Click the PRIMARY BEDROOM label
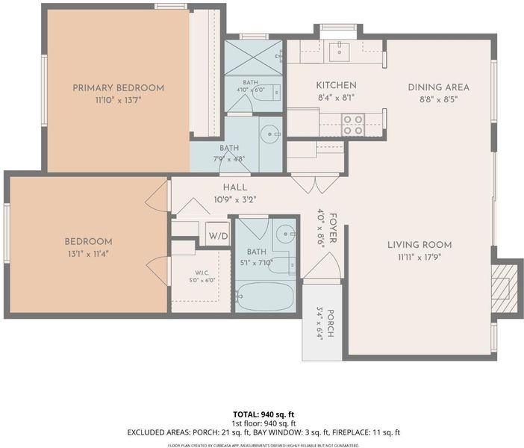coord(118,88)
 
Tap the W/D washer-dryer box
coord(218,234)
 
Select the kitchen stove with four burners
coord(353,125)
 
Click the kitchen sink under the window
coord(339,52)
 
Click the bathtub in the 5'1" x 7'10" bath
coord(265,296)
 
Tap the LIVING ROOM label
coord(419,245)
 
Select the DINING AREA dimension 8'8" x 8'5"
coord(438,99)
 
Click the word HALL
coord(235,187)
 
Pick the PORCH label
coord(330,323)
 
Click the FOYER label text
coord(333,228)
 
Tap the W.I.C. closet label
coord(202,273)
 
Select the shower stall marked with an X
coord(253,57)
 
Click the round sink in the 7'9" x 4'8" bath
coord(270,134)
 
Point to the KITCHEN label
coord(336,85)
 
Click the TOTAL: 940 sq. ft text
coord(263,415)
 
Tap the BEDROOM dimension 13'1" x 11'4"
coord(88,254)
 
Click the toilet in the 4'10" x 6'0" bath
coord(266,93)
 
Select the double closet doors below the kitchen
coord(316,184)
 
